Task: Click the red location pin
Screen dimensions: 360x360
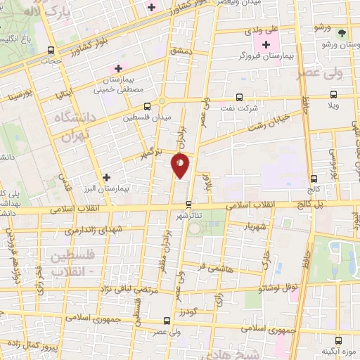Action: pyautogui.click(x=181, y=165)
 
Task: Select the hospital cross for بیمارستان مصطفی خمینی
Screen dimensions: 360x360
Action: pyautogui.click(x=118, y=69)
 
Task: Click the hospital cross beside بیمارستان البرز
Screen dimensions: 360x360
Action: pyautogui.click(x=107, y=178)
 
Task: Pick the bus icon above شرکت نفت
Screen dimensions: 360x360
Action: pyautogui.click(x=239, y=97)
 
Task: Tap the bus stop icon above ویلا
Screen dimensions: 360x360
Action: pyautogui.click(x=333, y=94)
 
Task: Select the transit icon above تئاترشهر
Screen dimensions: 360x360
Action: pyautogui.click(x=188, y=204)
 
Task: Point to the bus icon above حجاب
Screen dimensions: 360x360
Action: pyautogui.click(x=50, y=50)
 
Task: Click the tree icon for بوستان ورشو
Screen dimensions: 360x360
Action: pyautogui.click(x=342, y=32)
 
